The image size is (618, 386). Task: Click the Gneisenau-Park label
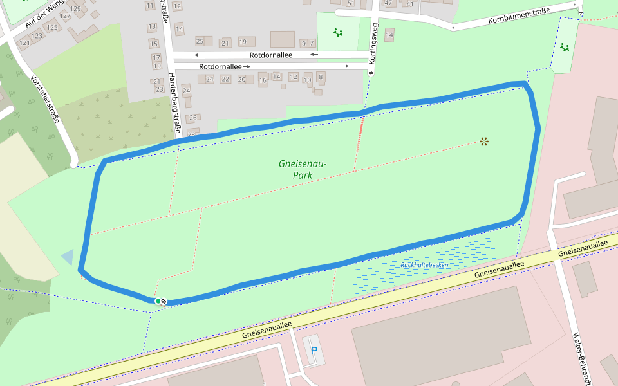(303, 169)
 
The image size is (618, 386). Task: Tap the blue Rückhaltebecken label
(424, 264)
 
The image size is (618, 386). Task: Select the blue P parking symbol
(314, 351)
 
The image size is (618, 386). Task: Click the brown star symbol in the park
(484, 142)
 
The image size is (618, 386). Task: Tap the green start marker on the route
(158, 300)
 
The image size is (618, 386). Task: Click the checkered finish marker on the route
(164, 301)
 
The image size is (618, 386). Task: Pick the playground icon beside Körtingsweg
(338, 32)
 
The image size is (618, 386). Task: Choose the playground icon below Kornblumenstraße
(565, 47)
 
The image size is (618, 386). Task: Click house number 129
(76, 8)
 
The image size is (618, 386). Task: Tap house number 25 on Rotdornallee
(200, 42)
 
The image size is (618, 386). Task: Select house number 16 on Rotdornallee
(263, 81)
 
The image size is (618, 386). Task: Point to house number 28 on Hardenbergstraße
(191, 134)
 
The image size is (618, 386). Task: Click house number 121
(24, 43)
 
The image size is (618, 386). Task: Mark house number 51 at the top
(333, 3)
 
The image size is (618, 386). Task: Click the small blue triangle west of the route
(68, 257)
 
